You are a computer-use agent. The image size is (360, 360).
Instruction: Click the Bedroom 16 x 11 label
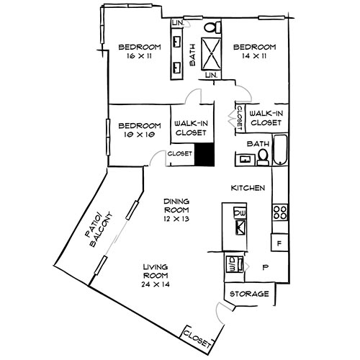(140, 51)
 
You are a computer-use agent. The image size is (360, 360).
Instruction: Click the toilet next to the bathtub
(263, 155)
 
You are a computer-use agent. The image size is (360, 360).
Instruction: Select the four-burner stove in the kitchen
(279, 212)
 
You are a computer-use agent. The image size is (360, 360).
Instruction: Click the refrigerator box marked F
(279, 243)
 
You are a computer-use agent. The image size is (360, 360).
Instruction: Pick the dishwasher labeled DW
(240, 214)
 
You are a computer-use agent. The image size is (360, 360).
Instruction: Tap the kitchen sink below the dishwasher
(239, 229)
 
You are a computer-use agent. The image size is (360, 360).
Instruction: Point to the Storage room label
(250, 294)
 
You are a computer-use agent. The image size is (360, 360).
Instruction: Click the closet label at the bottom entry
(197, 337)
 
